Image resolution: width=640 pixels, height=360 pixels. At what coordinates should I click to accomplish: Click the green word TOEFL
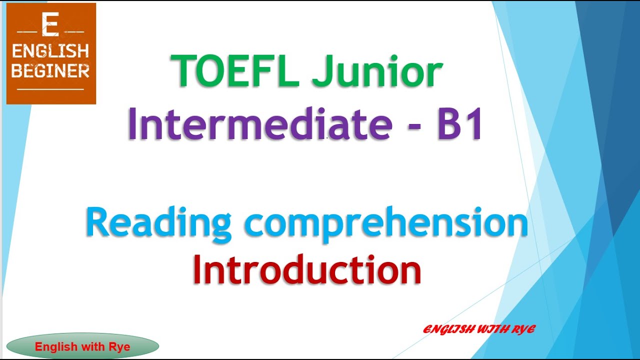coord(235,71)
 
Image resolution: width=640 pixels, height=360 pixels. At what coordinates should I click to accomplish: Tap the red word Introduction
coord(307,270)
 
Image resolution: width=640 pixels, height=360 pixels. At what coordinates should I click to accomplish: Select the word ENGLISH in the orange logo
coord(50,51)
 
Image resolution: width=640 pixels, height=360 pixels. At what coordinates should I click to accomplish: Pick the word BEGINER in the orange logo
coord(50,71)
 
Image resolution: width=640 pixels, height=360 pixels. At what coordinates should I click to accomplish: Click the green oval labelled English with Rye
coord(82,346)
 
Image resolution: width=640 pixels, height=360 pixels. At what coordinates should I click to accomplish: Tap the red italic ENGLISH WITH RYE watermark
coord(479,329)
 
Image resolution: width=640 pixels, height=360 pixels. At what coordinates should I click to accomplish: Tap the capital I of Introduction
coord(199,270)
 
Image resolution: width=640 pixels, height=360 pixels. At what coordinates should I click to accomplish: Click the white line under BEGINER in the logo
coord(50,89)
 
